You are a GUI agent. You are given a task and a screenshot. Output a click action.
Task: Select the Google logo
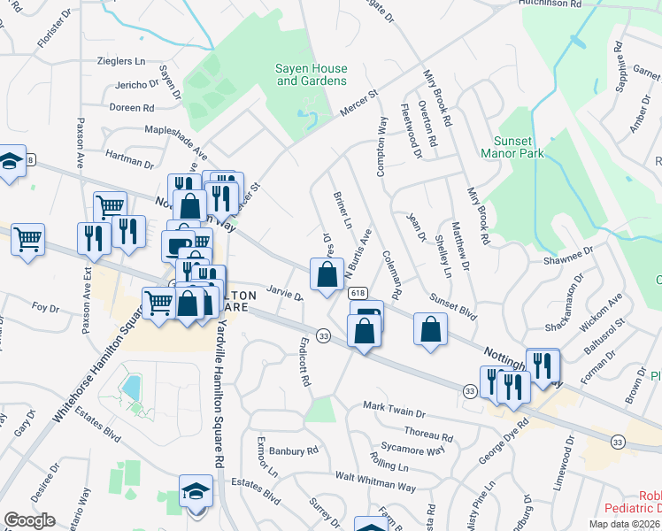[28, 520]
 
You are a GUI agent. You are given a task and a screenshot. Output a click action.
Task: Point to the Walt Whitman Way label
[375, 481]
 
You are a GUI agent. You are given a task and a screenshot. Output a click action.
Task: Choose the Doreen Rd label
[132, 108]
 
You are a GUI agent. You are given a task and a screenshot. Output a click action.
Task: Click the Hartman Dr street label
[128, 160]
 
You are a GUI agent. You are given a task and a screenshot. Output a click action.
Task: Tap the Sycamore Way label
[416, 450]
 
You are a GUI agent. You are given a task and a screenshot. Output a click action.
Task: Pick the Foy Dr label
[44, 308]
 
